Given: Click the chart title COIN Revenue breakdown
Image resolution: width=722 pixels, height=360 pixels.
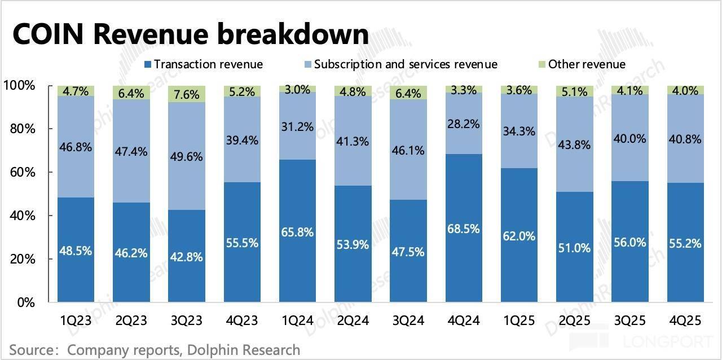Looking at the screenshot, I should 190,35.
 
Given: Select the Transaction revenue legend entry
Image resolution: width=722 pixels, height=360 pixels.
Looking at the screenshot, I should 203,64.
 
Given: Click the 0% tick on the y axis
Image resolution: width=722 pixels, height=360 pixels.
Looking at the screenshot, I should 25,302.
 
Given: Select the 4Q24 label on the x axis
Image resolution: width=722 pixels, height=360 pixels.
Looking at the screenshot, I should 464,321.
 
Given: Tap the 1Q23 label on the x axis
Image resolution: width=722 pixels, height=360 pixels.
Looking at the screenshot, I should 76,321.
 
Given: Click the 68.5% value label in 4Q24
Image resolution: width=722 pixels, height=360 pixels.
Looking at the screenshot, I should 464,229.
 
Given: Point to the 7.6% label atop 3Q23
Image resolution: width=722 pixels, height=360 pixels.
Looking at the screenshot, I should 187,93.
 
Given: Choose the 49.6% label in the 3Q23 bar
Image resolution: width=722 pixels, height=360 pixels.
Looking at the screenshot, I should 187,156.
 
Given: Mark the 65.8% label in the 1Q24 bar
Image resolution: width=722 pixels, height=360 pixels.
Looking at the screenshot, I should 297,232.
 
